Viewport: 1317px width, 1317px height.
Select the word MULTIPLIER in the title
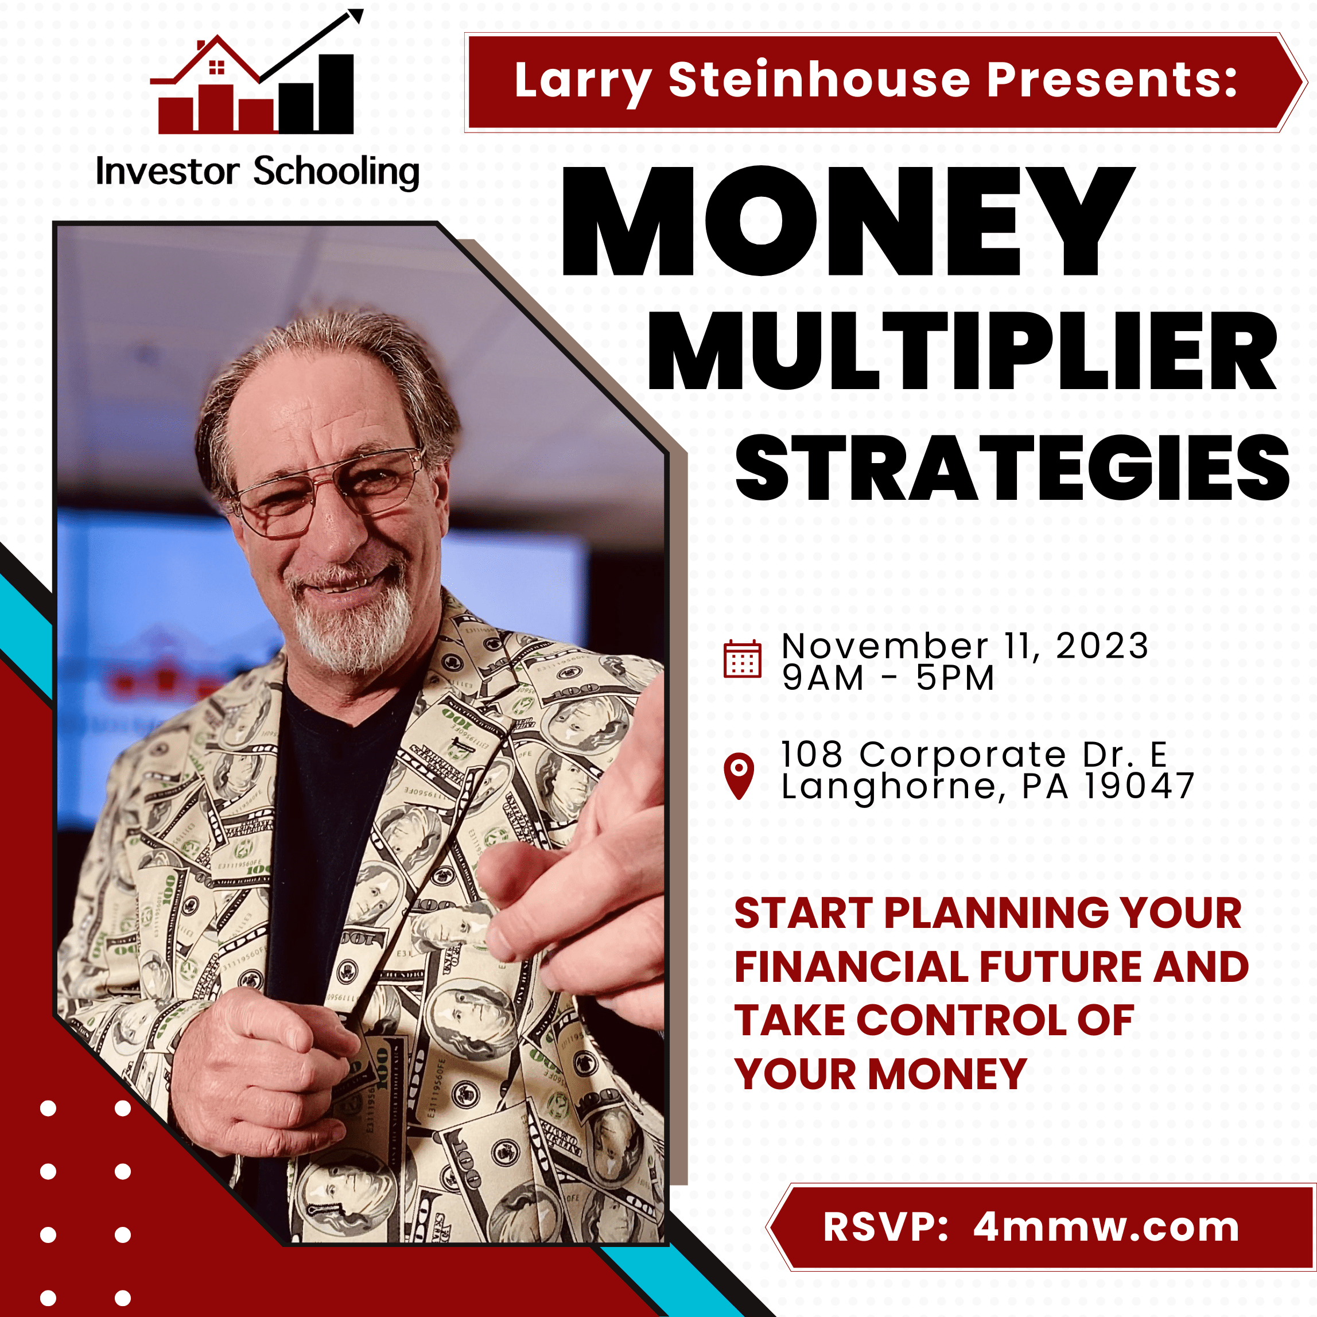tap(962, 352)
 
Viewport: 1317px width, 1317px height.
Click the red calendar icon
tap(741, 659)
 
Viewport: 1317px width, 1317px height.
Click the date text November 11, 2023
tap(965, 646)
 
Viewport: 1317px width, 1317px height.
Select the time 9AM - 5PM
tap(888, 678)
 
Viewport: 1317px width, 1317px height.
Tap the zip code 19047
tap(1140, 786)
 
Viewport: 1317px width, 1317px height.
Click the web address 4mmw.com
tap(1106, 1227)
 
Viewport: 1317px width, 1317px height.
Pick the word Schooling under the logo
tap(336, 172)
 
